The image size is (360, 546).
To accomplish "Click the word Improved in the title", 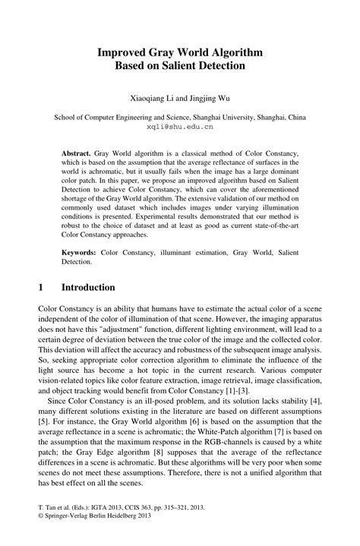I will (x=122, y=52).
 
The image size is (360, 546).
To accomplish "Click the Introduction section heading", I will (x=88, y=289).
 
